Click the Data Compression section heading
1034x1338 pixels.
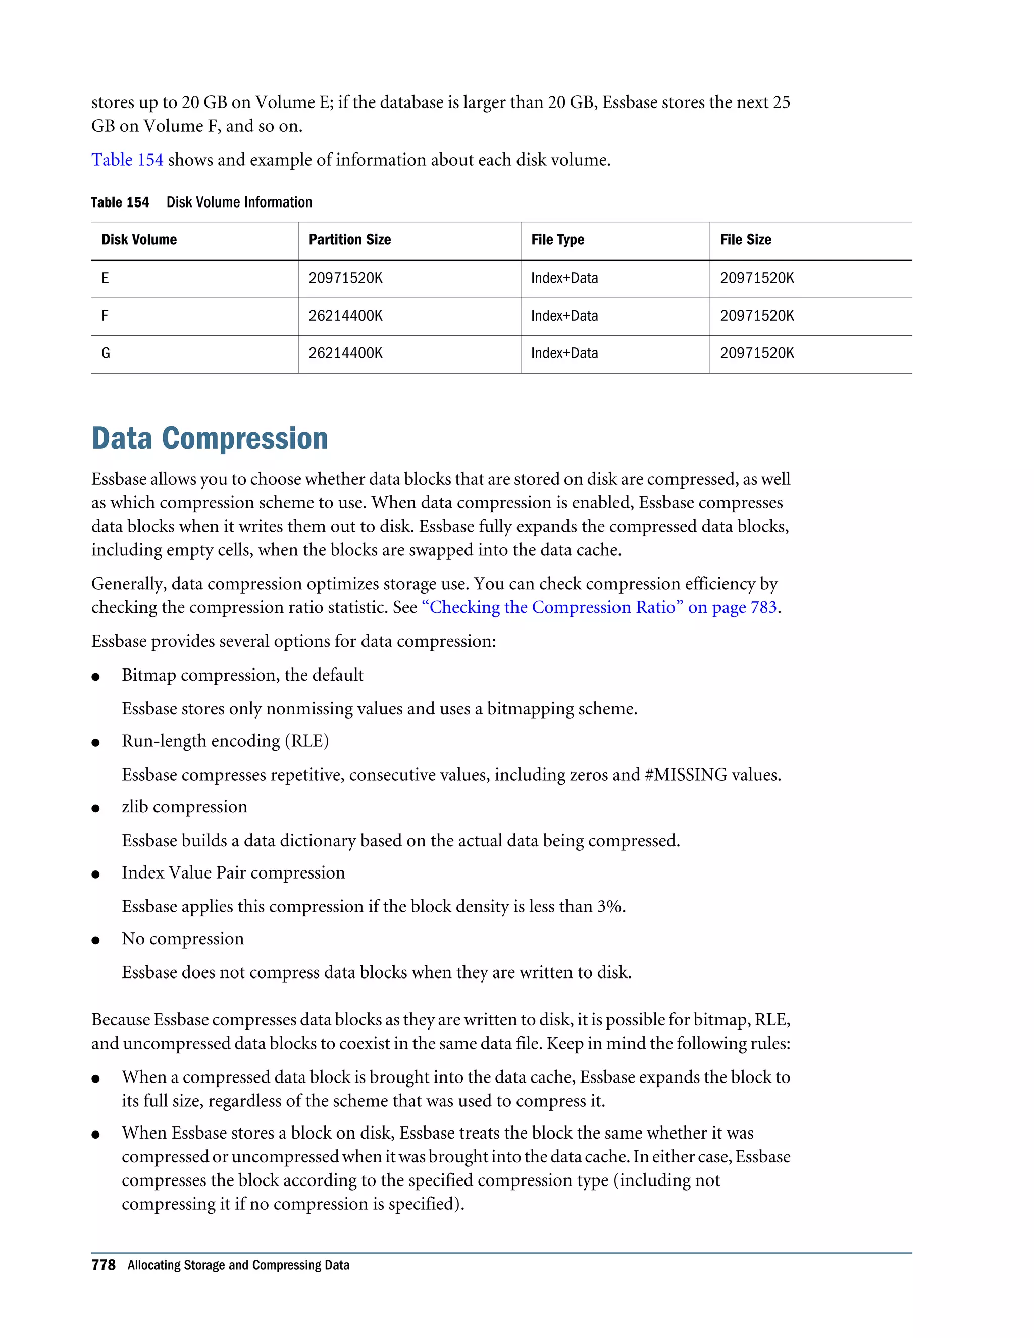click(210, 439)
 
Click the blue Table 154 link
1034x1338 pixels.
click(127, 160)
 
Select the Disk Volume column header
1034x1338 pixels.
click(139, 239)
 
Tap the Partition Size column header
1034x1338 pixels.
click(349, 239)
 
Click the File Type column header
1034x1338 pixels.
click(557, 239)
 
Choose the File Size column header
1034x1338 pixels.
click(746, 239)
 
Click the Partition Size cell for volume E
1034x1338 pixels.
click(345, 278)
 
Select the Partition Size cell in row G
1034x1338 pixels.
click(345, 353)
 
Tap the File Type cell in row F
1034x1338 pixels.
click(564, 316)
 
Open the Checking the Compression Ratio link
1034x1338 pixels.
click(599, 608)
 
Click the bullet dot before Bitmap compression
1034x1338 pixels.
click(95, 677)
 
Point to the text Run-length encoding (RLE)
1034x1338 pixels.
click(225, 741)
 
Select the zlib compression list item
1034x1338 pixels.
click(184, 807)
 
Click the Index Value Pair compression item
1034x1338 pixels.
click(233, 873)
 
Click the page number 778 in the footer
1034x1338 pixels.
click(103, 1265)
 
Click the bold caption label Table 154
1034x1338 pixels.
click(120, 203)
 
